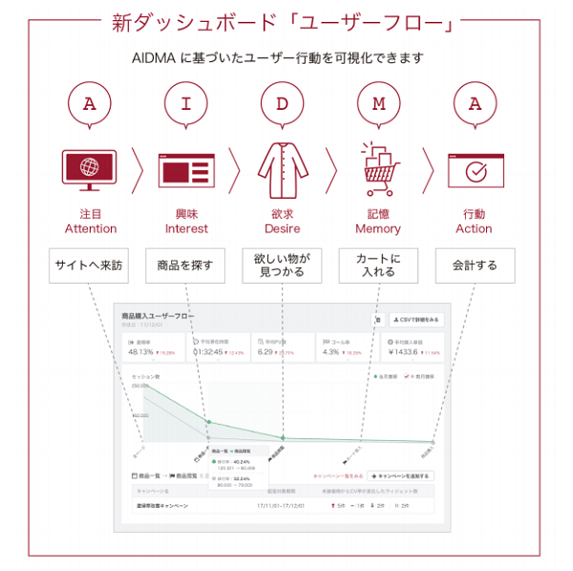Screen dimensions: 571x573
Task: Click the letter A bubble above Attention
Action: [91, 104]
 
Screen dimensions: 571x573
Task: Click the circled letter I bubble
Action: [186, 104]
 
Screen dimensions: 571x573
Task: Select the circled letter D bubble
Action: [282, 104]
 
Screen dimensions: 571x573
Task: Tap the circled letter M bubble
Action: [378, 104]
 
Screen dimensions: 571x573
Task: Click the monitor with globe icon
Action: [90, 170]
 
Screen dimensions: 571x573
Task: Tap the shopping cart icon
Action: [379, 168]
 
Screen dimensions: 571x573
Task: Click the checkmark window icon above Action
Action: [475, 171]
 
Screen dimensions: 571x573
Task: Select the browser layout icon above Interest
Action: [186, 170]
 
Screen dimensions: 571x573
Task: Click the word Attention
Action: [91, 229]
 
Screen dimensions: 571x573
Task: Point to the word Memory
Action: [378, 229]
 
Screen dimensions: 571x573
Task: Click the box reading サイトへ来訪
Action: [89, 265]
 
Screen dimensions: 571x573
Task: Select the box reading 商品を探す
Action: [185, 265]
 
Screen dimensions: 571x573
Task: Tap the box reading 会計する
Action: [475, 265]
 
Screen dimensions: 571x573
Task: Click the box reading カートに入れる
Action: [378, 265]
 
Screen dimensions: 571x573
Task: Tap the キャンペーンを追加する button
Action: [402, 476]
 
